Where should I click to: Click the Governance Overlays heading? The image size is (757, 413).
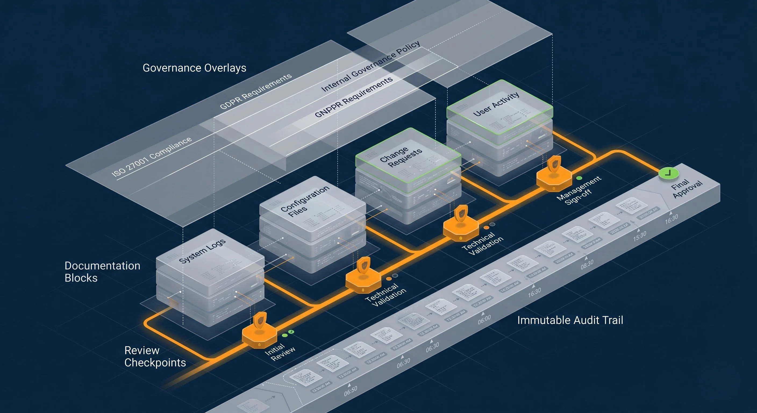coord(194,68)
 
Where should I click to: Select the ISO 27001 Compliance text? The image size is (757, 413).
coord(151,157)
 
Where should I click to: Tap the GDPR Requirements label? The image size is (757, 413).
coord(256,91)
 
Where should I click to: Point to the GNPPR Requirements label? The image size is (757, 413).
coord(353,97)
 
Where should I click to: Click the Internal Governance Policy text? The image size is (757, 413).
coord(370,66)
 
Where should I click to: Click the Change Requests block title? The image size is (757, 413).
coord(401,157)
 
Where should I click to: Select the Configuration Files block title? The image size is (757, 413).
coord(304,201)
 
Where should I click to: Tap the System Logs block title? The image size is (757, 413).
coord(202,251)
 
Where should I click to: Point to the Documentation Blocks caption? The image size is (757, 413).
coord(102,272)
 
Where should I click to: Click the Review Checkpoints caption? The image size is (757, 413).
coord(155,356)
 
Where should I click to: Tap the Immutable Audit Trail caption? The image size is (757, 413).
coord(570,320)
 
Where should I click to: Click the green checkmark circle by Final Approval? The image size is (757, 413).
coord(668,173)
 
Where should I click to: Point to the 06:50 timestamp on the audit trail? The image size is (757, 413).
coord(350,391)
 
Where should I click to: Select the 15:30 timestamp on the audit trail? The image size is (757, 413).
coord(640,236)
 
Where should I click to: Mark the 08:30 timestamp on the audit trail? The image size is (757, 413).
coord(587,264)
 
